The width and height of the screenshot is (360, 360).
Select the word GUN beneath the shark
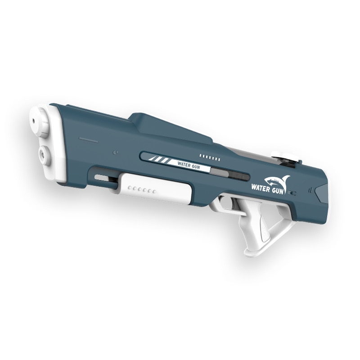[x=278, y=190]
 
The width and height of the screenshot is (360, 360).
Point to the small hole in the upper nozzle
[x=33, y=120]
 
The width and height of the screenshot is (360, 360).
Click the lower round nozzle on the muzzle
[x=44, y=153]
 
